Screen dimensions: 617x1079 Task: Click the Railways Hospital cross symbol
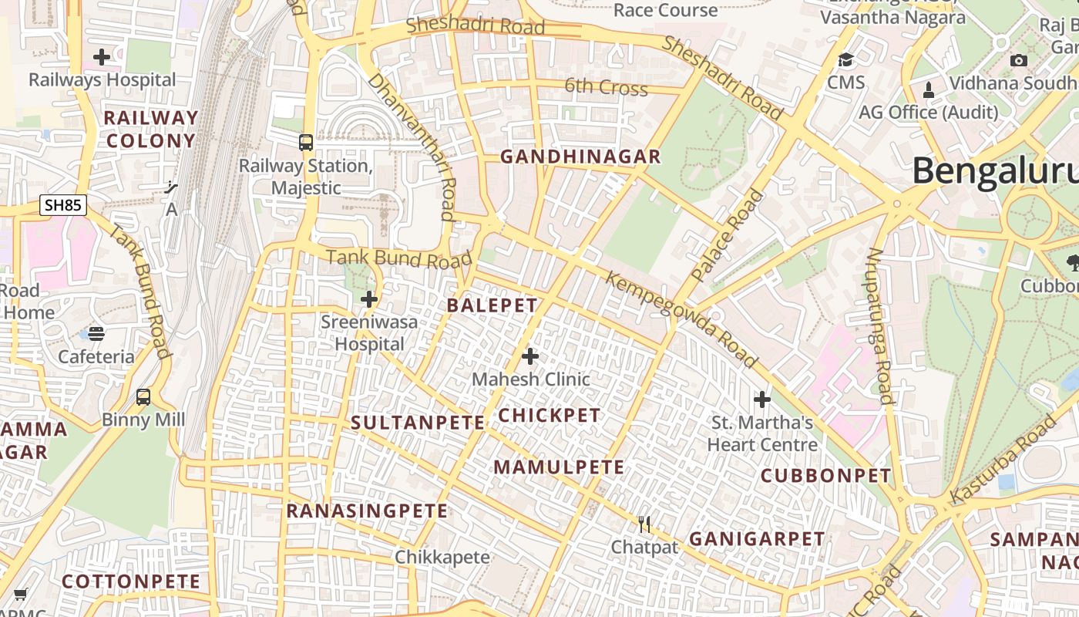(101, 57)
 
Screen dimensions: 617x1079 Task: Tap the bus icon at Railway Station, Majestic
(306, 143)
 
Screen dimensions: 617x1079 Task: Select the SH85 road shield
(63, 205)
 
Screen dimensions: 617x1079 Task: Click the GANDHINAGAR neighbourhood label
(580, 157)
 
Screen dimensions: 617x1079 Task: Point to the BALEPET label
(492, 305)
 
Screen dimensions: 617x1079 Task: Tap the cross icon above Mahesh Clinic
(530, 356)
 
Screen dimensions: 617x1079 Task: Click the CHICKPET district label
(550, 416)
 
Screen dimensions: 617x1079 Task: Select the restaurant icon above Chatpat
(644, 524)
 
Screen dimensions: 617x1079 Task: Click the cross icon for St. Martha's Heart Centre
(762, 400)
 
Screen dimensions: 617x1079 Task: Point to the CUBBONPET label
(826, 476)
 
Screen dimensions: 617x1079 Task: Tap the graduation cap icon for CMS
(846, 60)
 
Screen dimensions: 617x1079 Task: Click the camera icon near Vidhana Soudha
(1018, 60)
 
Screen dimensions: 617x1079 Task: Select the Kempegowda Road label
(681, 319)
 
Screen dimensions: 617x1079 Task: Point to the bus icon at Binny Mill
(143, 397)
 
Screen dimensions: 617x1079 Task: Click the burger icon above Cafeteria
(96, 333)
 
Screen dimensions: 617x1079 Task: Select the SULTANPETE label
(418, 423)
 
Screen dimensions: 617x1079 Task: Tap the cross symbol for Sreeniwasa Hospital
(369, 299)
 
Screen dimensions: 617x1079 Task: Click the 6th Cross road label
(606, 87)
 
